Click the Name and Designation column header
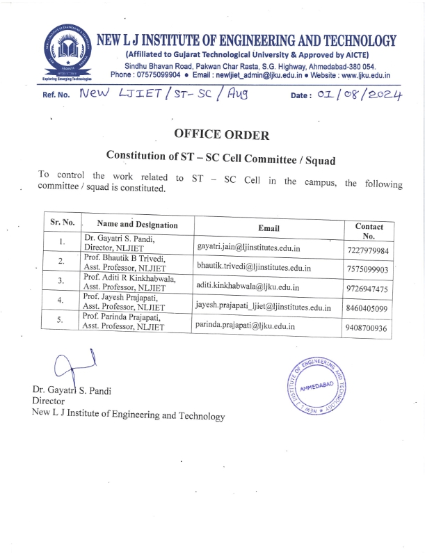pos(137,224)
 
